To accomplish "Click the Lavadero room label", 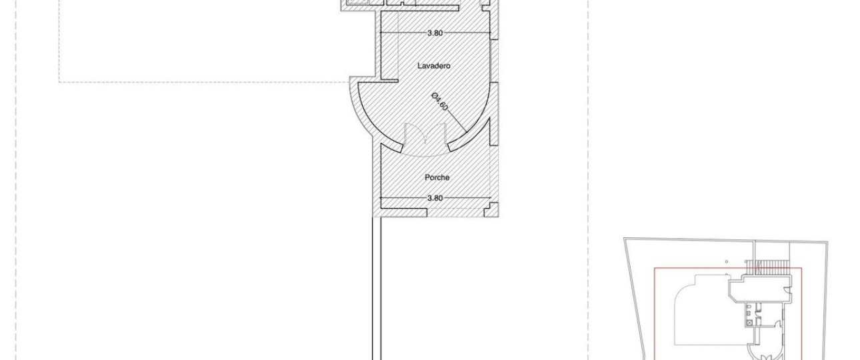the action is [434, 66].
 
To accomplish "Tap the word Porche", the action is [437, 178].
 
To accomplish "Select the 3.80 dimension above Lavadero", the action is [435, 33].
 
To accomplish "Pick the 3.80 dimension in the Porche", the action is [435, 198].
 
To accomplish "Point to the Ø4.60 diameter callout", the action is [440, 102].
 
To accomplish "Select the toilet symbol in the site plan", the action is [749, 308].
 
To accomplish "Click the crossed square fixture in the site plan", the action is [749, 323].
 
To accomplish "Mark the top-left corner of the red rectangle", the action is [655, 268].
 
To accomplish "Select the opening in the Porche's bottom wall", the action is [456, 213].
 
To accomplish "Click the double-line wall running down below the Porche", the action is [377, 289].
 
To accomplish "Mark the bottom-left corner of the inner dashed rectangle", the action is [59, 82].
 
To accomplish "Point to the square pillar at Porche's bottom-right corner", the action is [491, 209].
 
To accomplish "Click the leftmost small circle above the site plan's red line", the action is [727, 262].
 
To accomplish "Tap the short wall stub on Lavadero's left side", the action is [389, 81].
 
